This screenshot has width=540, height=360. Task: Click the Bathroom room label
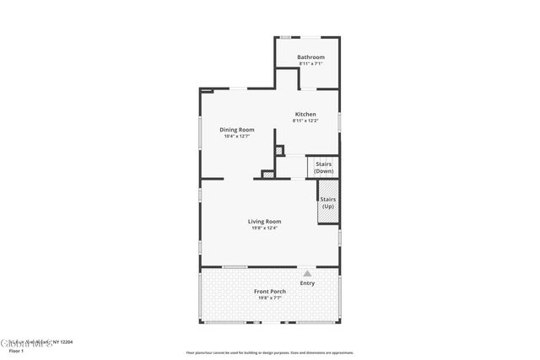[x=310, y=57]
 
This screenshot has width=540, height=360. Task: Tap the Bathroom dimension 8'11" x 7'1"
[x=310, y=64]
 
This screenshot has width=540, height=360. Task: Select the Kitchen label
[x=305, y=114]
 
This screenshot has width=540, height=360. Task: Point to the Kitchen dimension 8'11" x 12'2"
[x=305, y=121]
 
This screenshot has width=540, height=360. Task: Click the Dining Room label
[x=237, y=130]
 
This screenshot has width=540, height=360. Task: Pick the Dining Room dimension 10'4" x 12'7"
[x=237, y=137]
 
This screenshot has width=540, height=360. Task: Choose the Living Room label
[x=264, y=222]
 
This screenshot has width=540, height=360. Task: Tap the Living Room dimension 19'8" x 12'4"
[x=264, y=228]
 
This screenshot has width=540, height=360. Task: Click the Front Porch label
[x=270, y=292]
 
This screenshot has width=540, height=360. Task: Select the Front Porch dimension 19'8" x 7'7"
[x=270, y=298]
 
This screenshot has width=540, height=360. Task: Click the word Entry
[x=307, y=283]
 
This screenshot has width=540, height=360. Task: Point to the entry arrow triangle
[x=307, y=273]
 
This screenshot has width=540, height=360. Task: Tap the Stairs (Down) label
[x=323, y=168]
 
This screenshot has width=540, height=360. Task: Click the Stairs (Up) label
[x=327, y=203]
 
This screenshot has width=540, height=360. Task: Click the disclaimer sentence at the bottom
[x=270, y=352]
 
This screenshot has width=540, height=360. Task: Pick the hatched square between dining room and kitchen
[x=280, y=152]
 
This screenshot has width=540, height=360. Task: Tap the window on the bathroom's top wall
[x=285, y=36]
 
